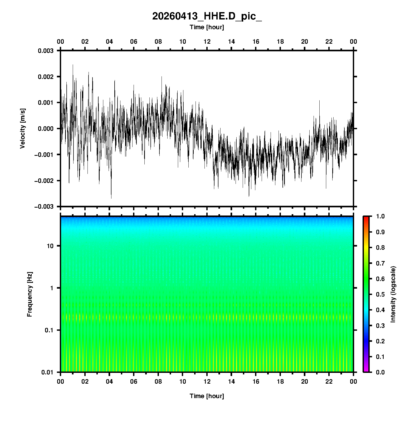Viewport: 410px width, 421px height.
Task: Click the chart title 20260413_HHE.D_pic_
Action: pos(207,16)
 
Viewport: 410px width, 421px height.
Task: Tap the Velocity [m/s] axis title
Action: pos(23,128)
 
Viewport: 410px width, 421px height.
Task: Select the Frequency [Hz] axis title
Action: pos(30,294)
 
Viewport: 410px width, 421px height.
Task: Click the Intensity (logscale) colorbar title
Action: pos(393,294)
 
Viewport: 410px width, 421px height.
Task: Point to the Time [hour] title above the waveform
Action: pos(207,27)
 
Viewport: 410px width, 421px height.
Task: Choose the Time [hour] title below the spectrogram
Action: pos(207,396)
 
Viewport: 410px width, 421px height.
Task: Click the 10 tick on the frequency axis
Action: pos(50,246)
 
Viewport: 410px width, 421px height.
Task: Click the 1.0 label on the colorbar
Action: pos(380,216)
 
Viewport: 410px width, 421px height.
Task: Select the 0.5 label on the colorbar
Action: pos(380,294)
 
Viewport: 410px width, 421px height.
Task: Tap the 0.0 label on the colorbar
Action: pos(380,372)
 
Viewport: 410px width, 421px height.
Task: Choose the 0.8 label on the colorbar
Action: pos(380,248)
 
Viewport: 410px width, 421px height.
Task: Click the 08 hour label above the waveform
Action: pos(158,42)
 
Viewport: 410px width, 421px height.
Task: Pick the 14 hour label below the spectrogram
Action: pos(231,382)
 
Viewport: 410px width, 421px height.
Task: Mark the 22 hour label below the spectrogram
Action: pos(329,382)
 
